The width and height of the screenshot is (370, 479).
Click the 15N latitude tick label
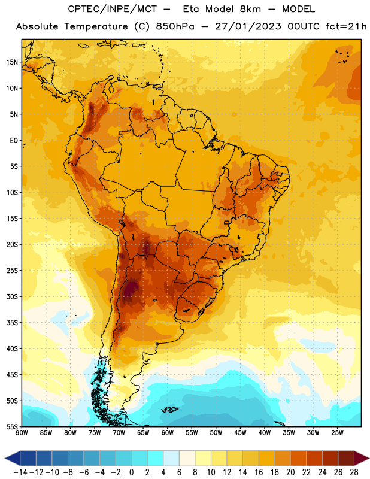point(12,62)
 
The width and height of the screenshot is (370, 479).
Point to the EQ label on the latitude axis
point(14,141)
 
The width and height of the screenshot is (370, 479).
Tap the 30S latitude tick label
point(12,296)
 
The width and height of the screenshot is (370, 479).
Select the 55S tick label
point(12,426)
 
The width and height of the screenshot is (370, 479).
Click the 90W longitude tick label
point(22,433)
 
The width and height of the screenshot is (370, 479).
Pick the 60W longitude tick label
point(168,433)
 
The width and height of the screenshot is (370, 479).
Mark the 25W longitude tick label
point(337,433)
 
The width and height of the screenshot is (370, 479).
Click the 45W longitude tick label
point(240,433)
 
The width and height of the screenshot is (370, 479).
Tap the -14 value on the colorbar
point(20,472)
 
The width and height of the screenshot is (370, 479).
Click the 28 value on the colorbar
point(354,472)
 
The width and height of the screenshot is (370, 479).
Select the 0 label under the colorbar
point(132,472)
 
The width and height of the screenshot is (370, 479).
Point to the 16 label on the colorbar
point(259,472)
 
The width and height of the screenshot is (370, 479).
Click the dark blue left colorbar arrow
point(13,458)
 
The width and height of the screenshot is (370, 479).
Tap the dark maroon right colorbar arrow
point(362,458)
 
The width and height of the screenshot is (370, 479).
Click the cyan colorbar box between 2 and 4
point(156,458)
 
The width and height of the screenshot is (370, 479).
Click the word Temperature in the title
point(96,26)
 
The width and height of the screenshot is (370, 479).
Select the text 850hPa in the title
point(175,26)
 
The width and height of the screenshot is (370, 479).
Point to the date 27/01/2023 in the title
point(248,26)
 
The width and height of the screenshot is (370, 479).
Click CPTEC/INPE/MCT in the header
point(113,9)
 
